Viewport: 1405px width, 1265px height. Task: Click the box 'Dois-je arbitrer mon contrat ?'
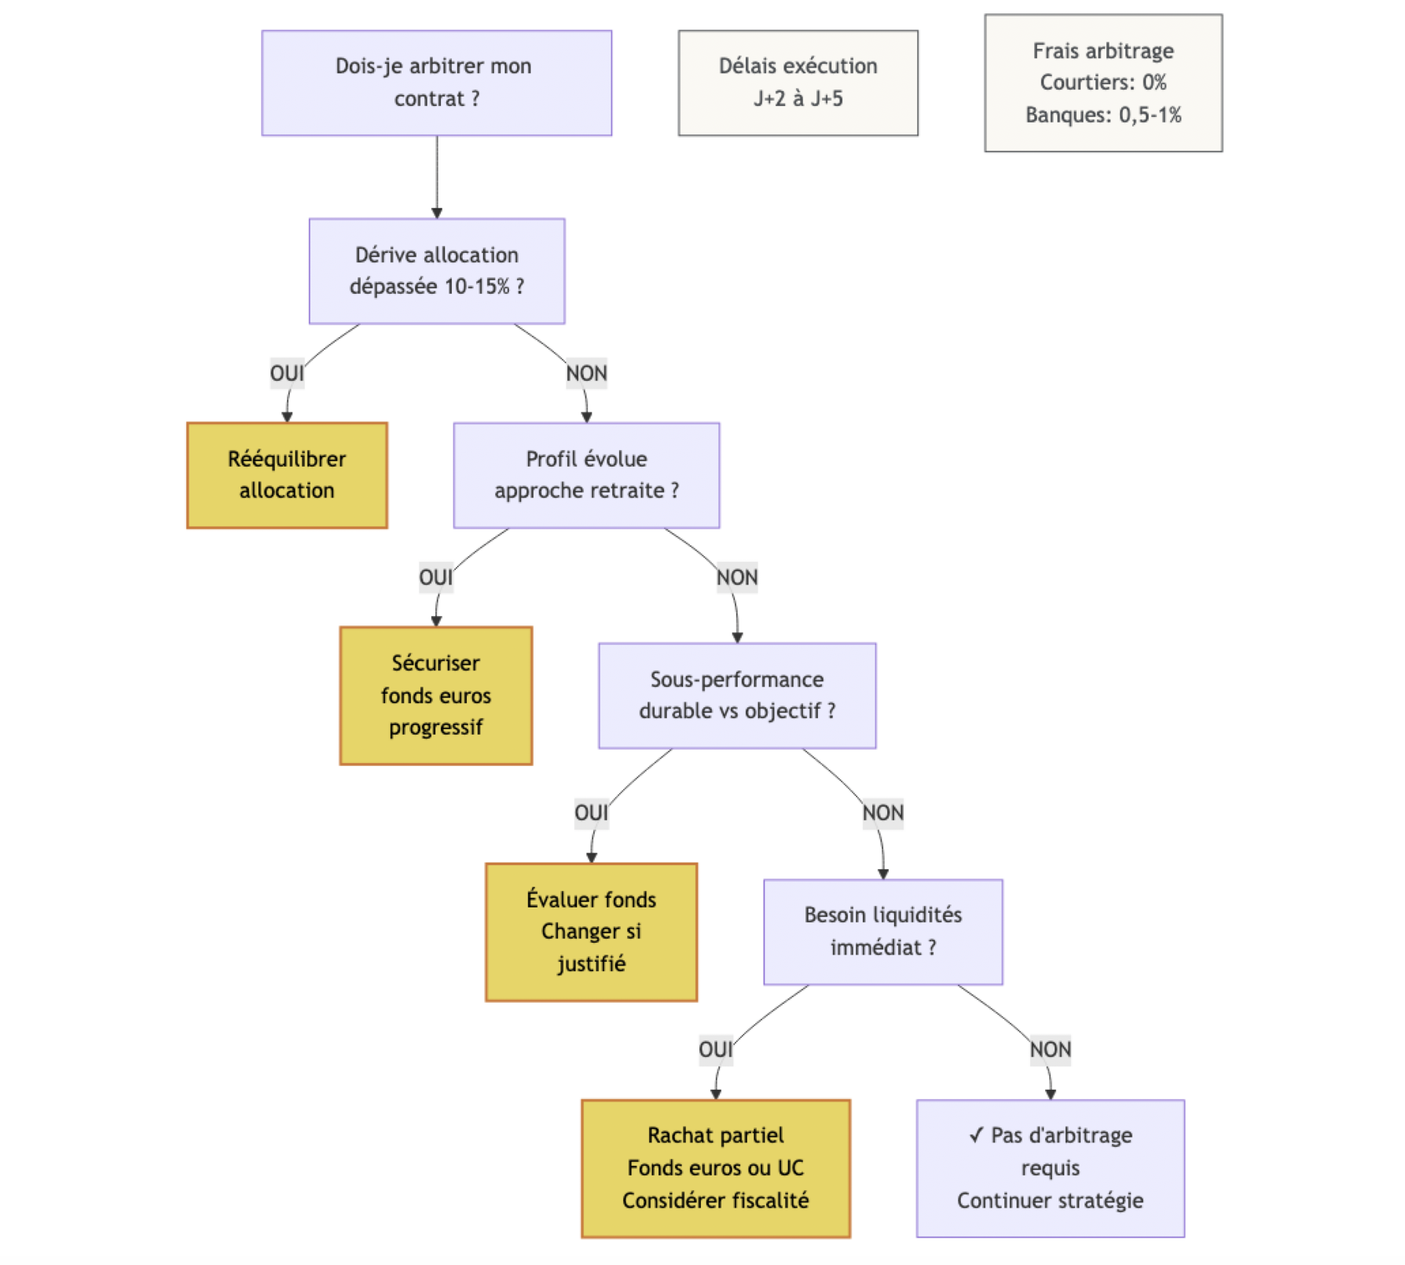(436, 82)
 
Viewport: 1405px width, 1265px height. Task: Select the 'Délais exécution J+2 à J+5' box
(798, 82)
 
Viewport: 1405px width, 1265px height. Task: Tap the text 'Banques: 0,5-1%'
(1102, 115)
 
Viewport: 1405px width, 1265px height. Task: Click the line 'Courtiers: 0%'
(1102, 82)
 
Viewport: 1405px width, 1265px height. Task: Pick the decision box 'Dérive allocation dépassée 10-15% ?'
(436, 270)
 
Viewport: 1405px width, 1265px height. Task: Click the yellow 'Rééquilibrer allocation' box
(287, 475)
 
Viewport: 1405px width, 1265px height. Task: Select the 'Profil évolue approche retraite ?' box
(586, 475)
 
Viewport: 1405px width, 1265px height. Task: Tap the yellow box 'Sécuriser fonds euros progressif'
(435, 695)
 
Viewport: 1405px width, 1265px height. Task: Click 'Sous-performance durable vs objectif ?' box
(736, 695)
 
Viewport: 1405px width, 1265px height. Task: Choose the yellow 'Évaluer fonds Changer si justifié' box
(591, 931)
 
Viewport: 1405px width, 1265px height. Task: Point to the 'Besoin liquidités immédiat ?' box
(882, 931)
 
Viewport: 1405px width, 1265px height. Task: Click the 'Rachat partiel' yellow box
(715, 1168)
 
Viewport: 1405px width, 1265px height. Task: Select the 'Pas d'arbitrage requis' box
(1050, 1168)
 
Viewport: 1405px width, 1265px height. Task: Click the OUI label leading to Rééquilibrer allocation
(287, 372)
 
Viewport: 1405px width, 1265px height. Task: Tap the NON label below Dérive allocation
(586, 372)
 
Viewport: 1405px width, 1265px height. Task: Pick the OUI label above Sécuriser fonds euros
(435, 577)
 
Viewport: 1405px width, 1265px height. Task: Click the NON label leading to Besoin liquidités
(882, 812)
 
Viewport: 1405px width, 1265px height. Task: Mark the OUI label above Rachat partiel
(715, 1049)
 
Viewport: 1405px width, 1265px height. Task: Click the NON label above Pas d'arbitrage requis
(1050, 1049)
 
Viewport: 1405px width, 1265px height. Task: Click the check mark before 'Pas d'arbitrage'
(976, 1135)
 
